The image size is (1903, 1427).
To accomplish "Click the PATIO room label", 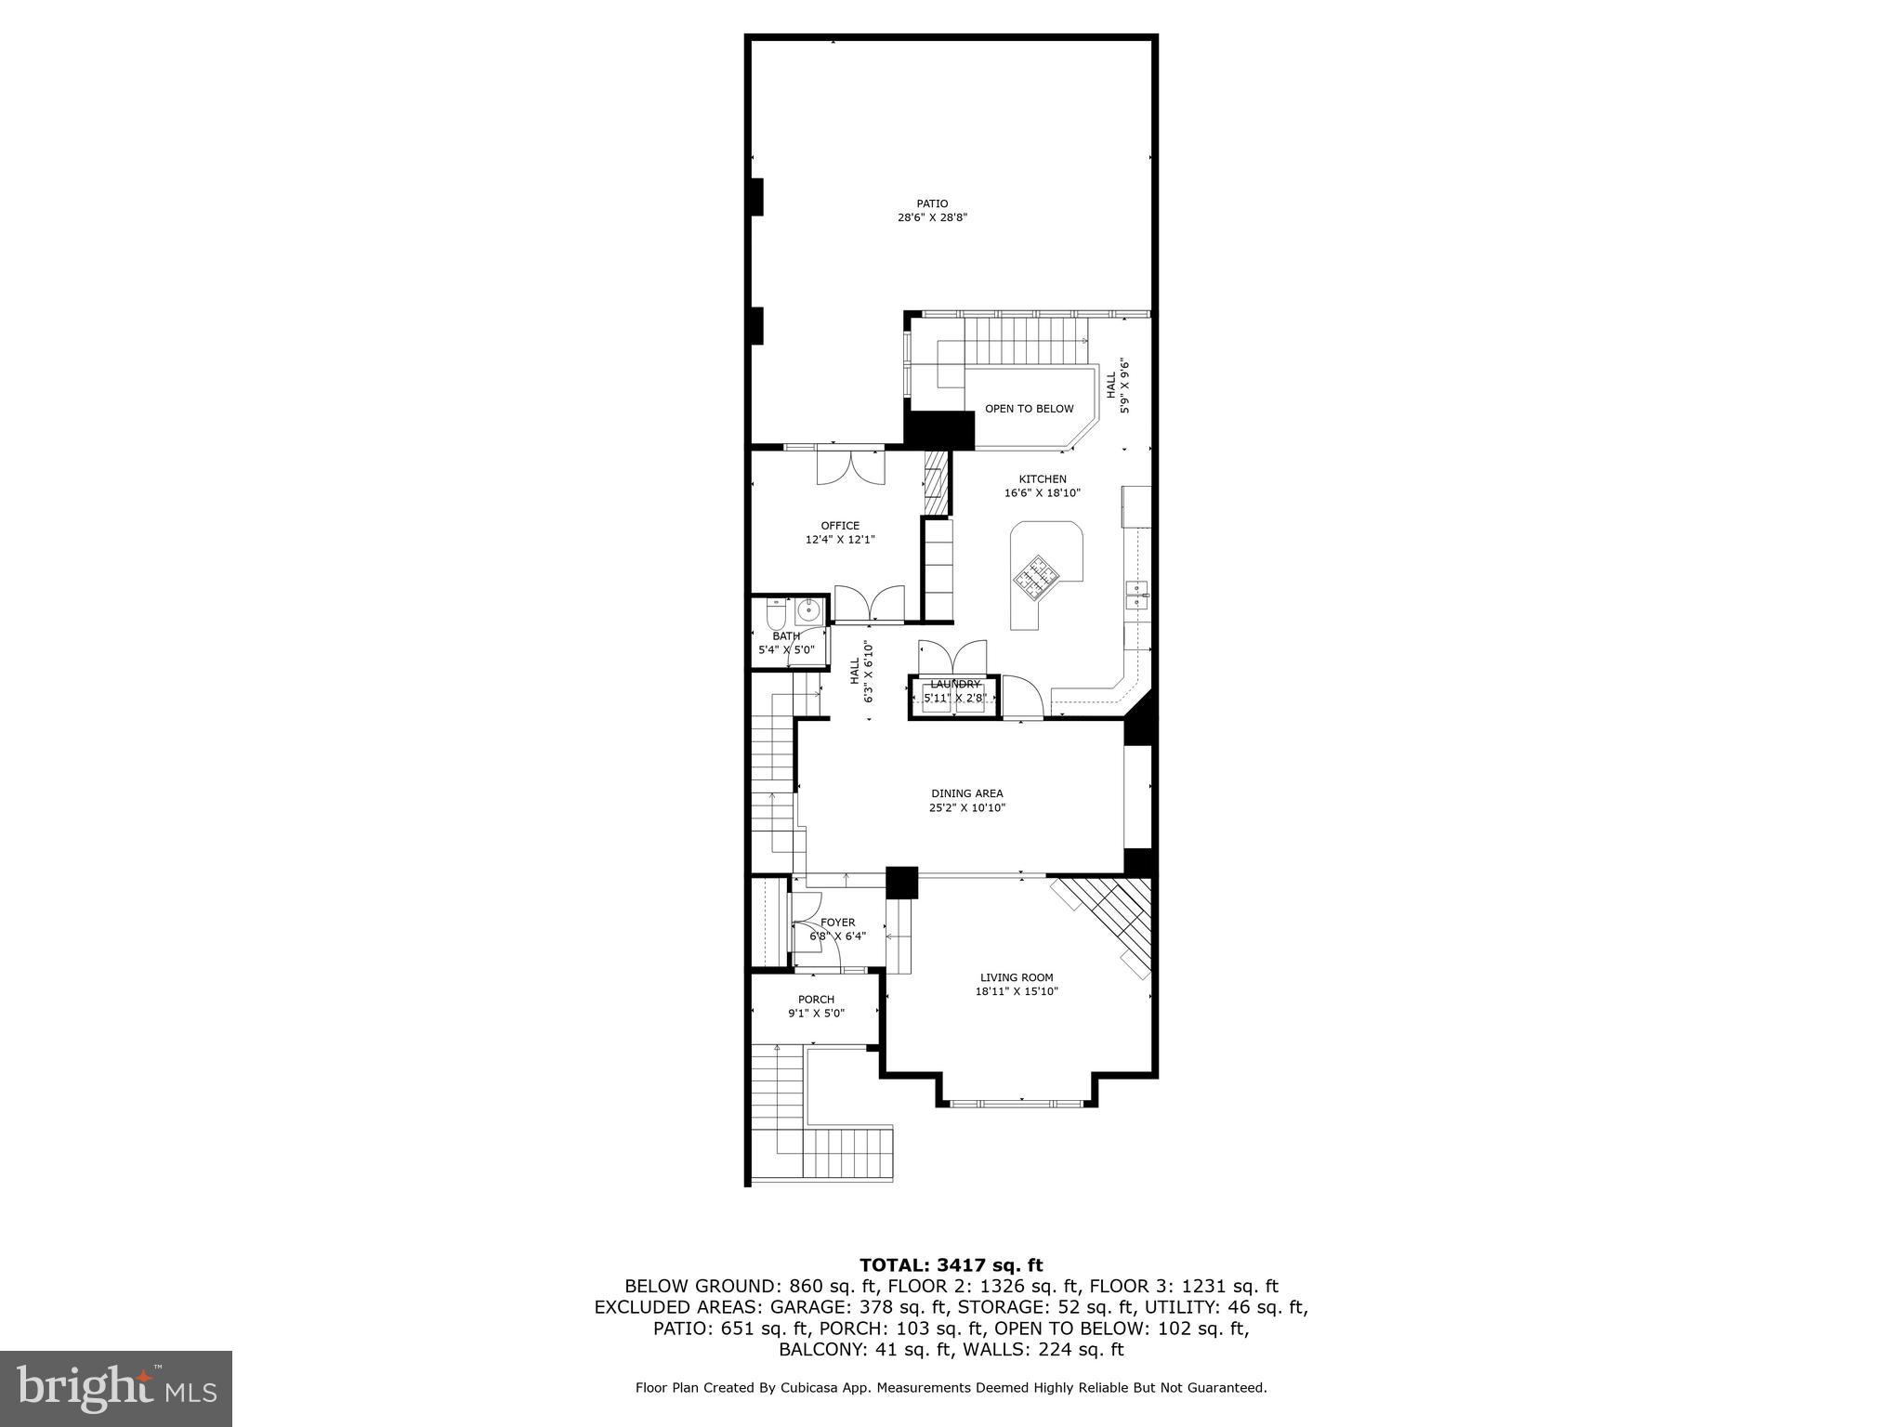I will point(932,203).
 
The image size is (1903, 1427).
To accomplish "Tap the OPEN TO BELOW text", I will point(1029,409).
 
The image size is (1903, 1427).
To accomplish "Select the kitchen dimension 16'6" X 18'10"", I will point(1042,493).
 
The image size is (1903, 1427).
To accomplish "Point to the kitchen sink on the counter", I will point(1136,593).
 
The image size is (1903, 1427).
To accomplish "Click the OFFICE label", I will point(840,526).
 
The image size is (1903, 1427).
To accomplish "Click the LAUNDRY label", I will point(954,685).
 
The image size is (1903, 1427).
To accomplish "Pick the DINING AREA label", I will point(966,793).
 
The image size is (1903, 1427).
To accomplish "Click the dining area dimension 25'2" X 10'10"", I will point(966,808).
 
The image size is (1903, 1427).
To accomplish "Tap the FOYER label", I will point(837,923).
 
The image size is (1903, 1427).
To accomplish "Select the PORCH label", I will point(816,1000).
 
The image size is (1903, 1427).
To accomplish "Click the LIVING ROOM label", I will point(1017,977).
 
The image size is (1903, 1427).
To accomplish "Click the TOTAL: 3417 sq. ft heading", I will point(951,1265).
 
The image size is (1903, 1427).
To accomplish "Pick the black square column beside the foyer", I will point(901,883).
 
